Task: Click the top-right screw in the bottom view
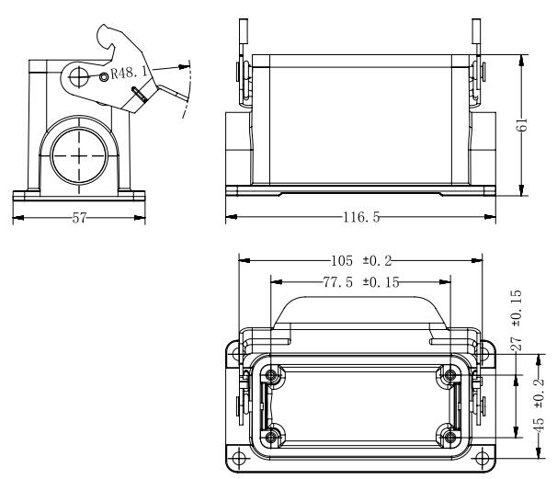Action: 449,374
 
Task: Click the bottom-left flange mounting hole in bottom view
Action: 239,458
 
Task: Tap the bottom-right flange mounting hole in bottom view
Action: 482,458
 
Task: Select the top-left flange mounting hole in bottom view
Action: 239,352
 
